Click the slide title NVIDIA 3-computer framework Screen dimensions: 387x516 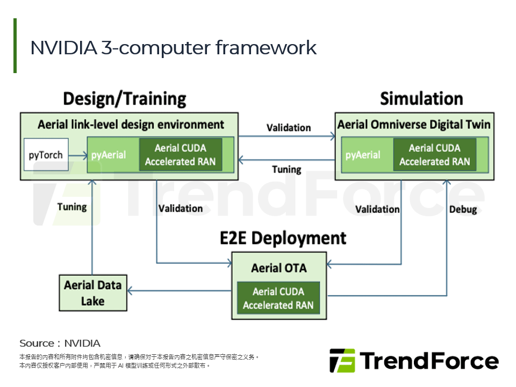pyautogui.click(x=173, y=48)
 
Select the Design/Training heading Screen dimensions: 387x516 pyautogui.click(x=124, y=99)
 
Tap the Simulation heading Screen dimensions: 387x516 pyautogui.click(x=421, y=99)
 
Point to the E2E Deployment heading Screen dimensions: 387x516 pyautogui.click(x=283, y=238)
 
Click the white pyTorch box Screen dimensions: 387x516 pyautogui.click(x=46, y=155)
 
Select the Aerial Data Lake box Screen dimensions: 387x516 pyautogui.click(x=93, y=293)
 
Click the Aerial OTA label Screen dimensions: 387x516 pyautogui.click(x=278, y=267)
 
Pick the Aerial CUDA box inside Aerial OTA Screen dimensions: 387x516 pyautogui.click(x=278, y=298)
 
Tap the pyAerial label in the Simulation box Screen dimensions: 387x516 pyautogui.click(x=363, y=155)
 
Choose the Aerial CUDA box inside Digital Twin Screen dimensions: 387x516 pyautogui.click(x=434, y=155)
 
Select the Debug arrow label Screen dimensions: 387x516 pyautogui.click(x=463, y=209)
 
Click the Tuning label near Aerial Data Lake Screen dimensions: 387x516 pyautogui.click(x=71, y=206)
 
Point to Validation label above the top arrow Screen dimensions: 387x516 pyautogui.click(x=289, y=128)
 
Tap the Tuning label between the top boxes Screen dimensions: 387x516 pyautogui.click(x=286, y=169)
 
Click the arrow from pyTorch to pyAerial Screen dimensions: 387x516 pyautogui.click(x=78, y=155)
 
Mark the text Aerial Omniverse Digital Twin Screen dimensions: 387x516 pyautogui.click(x=413, y=125)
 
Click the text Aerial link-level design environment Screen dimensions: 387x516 pyautogui.click(x=131, y=125)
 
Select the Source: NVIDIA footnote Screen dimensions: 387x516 pyautogui.click(x=60, y=343)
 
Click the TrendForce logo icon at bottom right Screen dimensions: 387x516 pyautogui.click(x=342, y=361)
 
